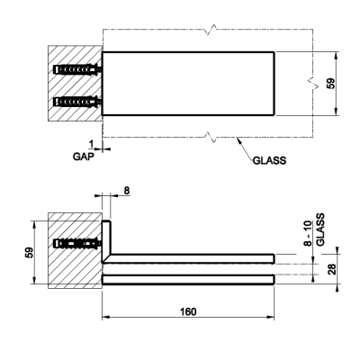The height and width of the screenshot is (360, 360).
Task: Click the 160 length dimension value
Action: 188,311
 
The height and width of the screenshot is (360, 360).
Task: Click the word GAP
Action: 84,157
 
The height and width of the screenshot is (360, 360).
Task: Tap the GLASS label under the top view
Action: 269,160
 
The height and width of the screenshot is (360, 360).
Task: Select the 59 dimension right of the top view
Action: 330,84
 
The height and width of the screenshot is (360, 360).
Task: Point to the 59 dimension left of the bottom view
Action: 29,253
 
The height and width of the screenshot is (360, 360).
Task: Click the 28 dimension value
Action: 332,269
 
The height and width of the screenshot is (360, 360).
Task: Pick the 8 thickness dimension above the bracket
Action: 127,191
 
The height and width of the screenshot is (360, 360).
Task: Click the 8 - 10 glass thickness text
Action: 308,233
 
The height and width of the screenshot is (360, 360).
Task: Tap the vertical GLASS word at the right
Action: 320,229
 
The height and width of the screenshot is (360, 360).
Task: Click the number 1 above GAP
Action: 92,144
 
